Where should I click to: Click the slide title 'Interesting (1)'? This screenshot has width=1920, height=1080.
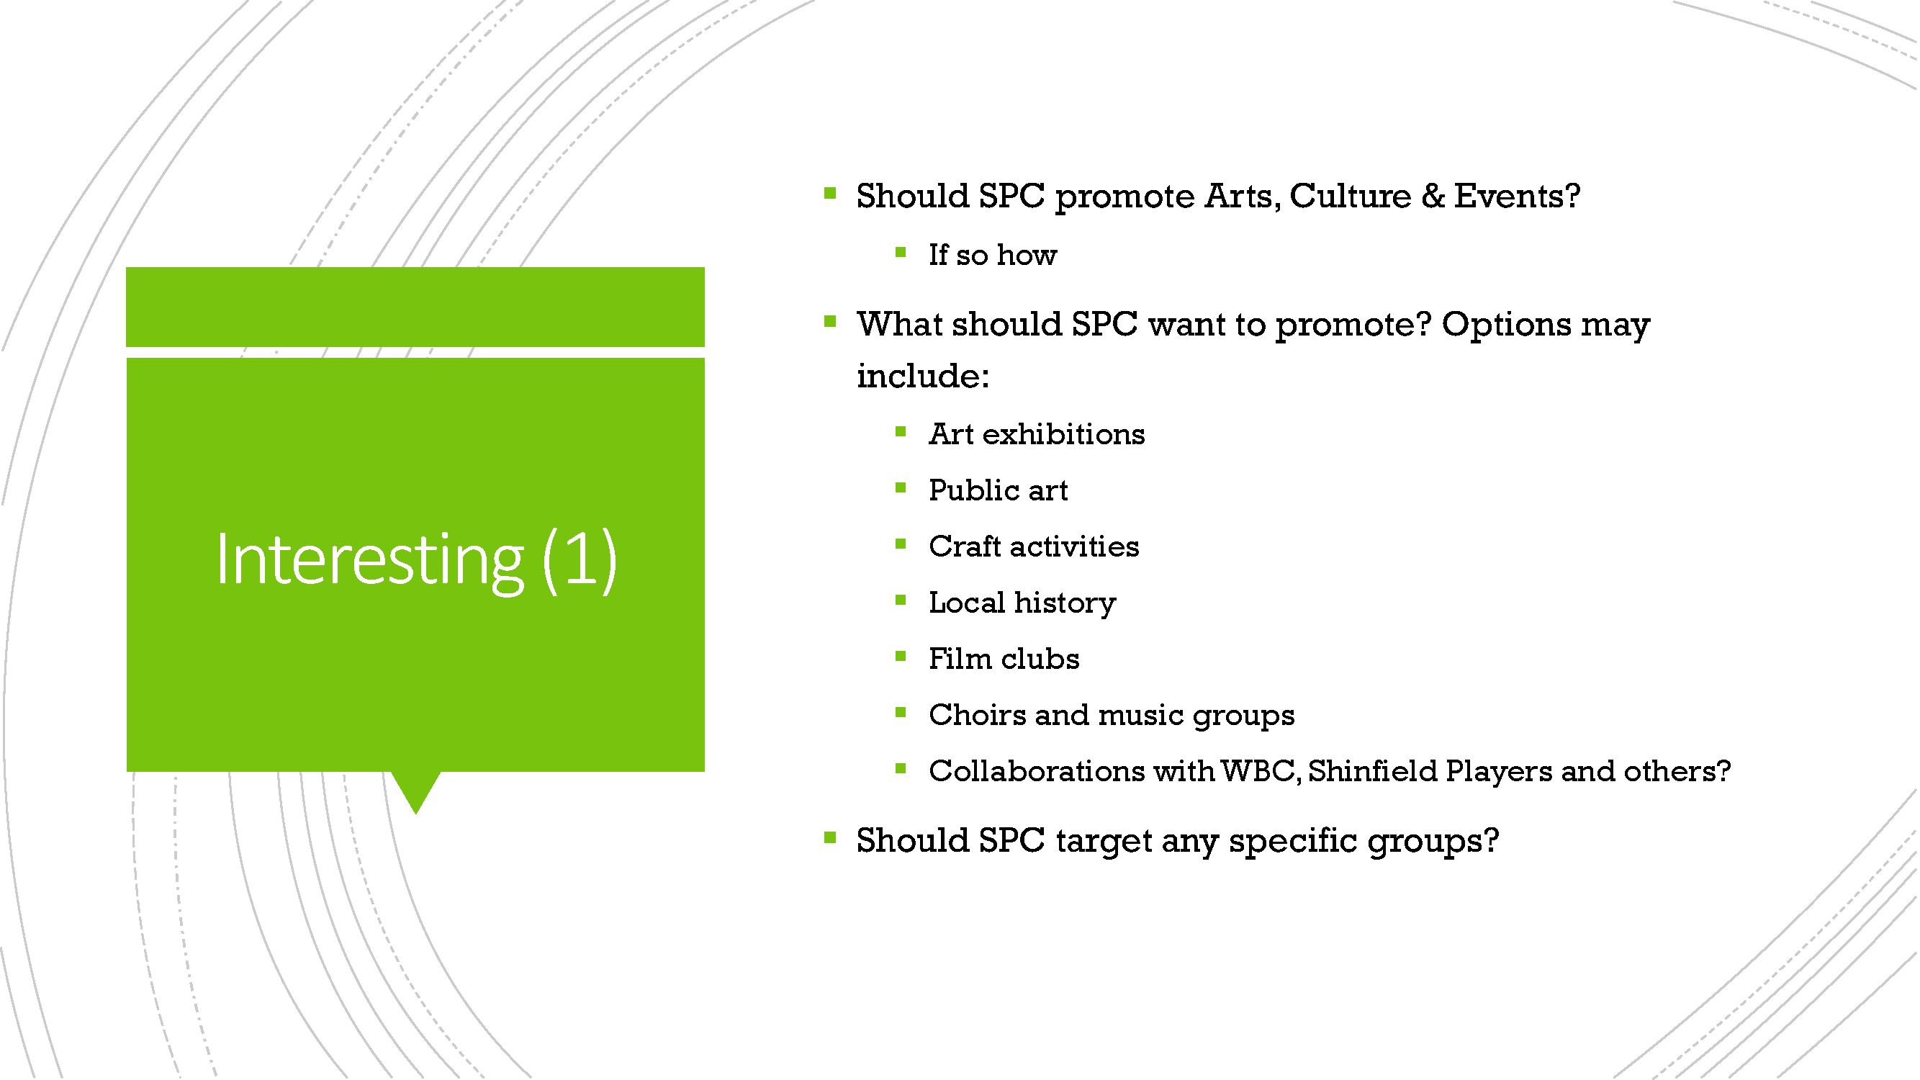point(416,559)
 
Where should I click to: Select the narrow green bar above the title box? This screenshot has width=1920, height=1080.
point(415,307)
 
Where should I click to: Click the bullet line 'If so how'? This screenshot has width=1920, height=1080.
point(992,256)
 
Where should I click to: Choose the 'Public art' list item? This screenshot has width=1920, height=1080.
point(998,490)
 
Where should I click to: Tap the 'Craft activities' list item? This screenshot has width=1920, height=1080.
point(1034,546)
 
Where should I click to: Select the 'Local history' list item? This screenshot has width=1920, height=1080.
point(1022,603)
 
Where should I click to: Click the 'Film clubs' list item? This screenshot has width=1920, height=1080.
point(1004,659)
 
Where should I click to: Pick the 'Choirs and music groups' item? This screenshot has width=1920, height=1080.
point(1112,716)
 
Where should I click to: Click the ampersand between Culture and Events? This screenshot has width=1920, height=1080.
point(1432,196)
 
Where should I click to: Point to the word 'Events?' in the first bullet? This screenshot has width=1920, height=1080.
point(1517,196)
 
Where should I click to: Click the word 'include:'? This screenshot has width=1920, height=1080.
point(923,376)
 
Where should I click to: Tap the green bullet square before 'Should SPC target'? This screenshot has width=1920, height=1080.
point(829,839)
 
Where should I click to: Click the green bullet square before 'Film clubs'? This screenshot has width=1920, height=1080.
point(901,657)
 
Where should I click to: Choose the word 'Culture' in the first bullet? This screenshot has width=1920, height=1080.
point(1350,196)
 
